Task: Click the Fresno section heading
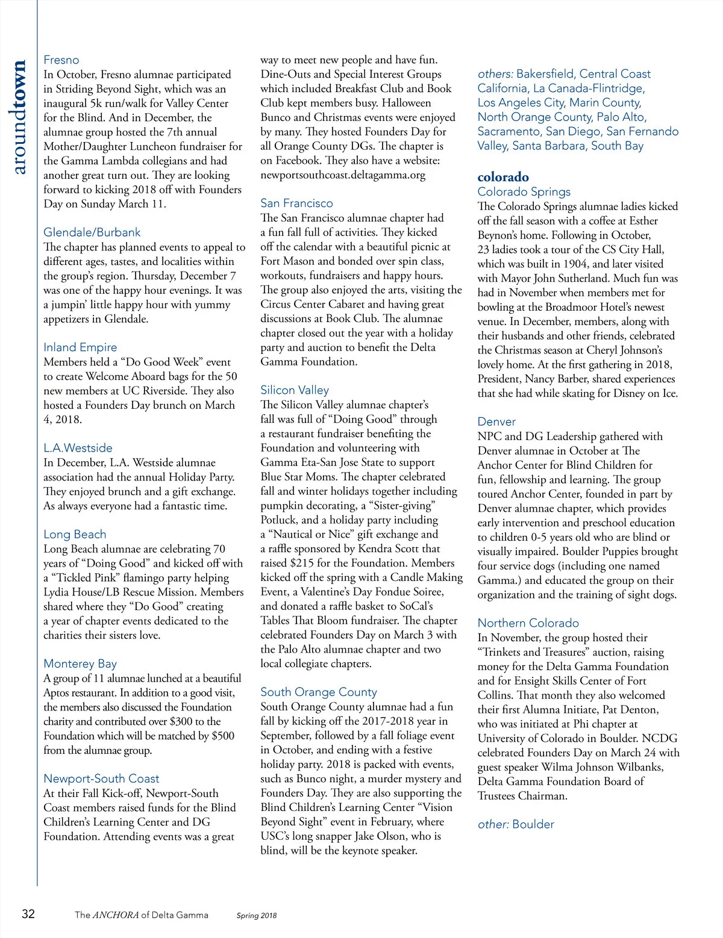tap(61, 60)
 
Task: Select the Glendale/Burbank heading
tap(92, 232)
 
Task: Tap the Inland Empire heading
tap(80, 347)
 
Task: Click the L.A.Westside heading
tap(78, 448)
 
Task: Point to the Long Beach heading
tap(75, 535)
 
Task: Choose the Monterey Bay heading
tap(80, 664)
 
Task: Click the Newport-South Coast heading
tap(101, 779)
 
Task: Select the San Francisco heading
tap(296, 203)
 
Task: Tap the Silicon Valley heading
tap(295, 390)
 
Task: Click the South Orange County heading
tap(319, 692)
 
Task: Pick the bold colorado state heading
tap(503, 177)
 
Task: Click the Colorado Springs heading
tap(524, 192)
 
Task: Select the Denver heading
tap(496, 422)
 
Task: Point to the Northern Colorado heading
tap(528, 623)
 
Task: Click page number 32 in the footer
tap(28, 915)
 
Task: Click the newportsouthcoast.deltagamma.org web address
tap(343, 175)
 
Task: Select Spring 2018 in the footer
tap(257, 916)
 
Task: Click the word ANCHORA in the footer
tap(116, 915)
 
